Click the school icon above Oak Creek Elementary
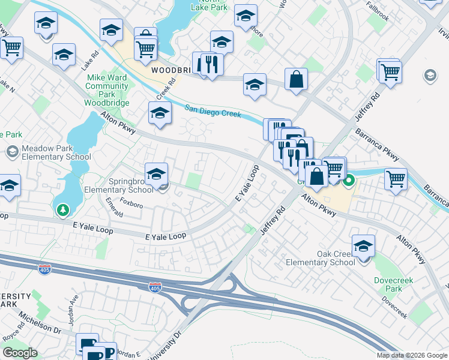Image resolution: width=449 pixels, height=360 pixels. coord(363,245)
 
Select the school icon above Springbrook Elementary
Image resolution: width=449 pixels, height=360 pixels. coord(156,174)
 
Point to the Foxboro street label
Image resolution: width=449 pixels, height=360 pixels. coord(131,205)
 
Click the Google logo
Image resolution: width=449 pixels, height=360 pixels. coord(20,353)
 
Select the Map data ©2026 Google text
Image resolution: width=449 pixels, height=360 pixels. coord(412,355)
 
